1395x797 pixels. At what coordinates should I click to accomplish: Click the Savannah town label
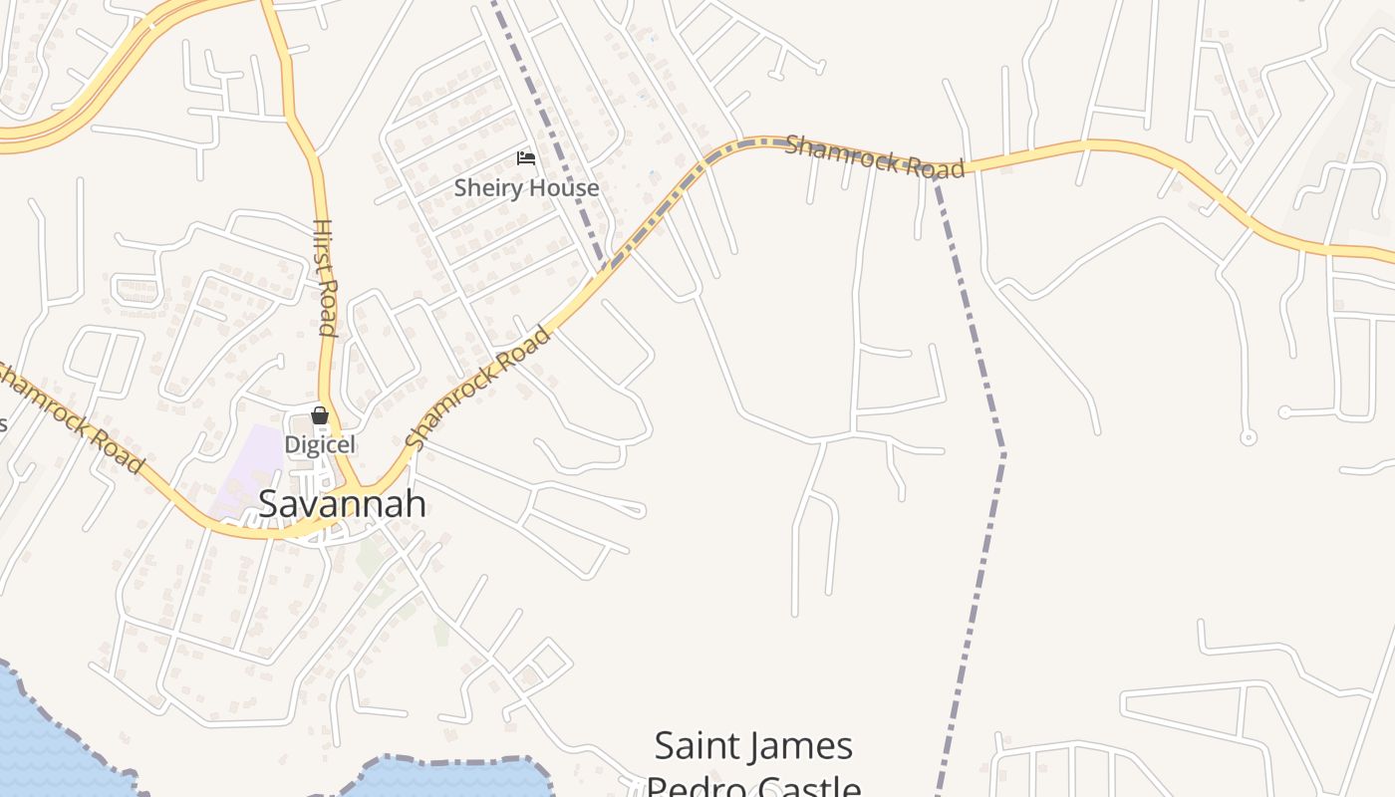click(342, 504)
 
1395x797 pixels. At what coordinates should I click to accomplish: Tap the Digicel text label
click(320, 444)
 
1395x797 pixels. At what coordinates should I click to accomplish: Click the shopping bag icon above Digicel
click(320, 415)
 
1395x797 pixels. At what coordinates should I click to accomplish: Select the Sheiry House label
click(526, 187)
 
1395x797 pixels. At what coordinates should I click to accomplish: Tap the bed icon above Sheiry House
click(526, 158)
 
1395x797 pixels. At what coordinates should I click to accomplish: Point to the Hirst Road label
click(325, 277)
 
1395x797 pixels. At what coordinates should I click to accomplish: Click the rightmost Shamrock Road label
click(875, 156)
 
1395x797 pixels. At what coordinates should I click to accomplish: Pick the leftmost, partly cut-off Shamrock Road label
click(70, 416)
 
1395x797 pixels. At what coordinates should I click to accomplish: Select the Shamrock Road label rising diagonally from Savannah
click(478, 387)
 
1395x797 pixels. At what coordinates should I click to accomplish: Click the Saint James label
click(753, 745)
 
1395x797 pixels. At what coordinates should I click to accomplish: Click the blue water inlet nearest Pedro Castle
click(448, 779)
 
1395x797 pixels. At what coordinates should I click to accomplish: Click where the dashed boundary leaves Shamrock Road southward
click(935, 175)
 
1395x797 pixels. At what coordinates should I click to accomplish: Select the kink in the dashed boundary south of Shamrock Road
click(1002, 454)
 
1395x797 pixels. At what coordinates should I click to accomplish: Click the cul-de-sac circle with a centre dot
click(1248, 437)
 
